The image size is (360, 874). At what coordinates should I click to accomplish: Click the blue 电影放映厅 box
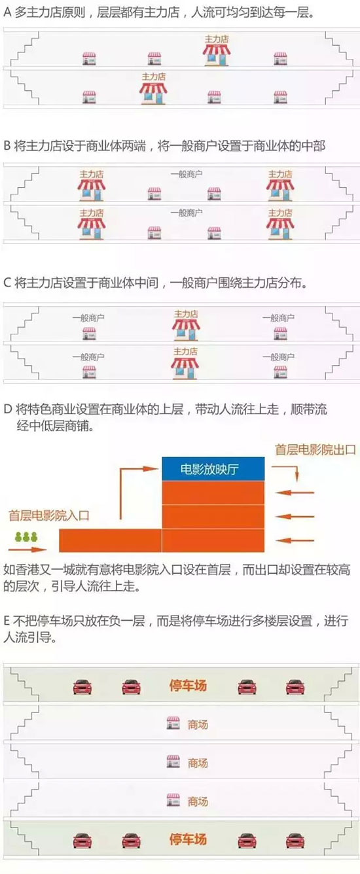[213, 468]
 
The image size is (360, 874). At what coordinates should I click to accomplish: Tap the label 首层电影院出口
[315, 449]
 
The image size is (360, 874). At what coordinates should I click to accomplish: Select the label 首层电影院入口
[49, 516]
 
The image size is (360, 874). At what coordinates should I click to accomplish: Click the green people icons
[27, 537]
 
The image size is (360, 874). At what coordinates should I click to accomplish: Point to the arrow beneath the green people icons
[27, 550]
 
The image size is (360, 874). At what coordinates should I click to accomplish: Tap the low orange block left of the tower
[111, 540]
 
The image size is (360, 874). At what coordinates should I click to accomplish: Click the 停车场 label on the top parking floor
[188, 685]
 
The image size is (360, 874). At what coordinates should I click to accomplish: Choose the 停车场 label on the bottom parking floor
[188, 839]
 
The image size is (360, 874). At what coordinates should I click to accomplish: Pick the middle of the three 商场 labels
[198, 763]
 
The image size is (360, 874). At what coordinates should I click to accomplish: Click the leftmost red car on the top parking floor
[82, 687]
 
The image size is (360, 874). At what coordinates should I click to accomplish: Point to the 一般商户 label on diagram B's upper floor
[187, 174]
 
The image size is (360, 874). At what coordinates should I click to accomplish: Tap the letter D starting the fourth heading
[8, 410]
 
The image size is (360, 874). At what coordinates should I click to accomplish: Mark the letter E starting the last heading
[7, 620]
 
